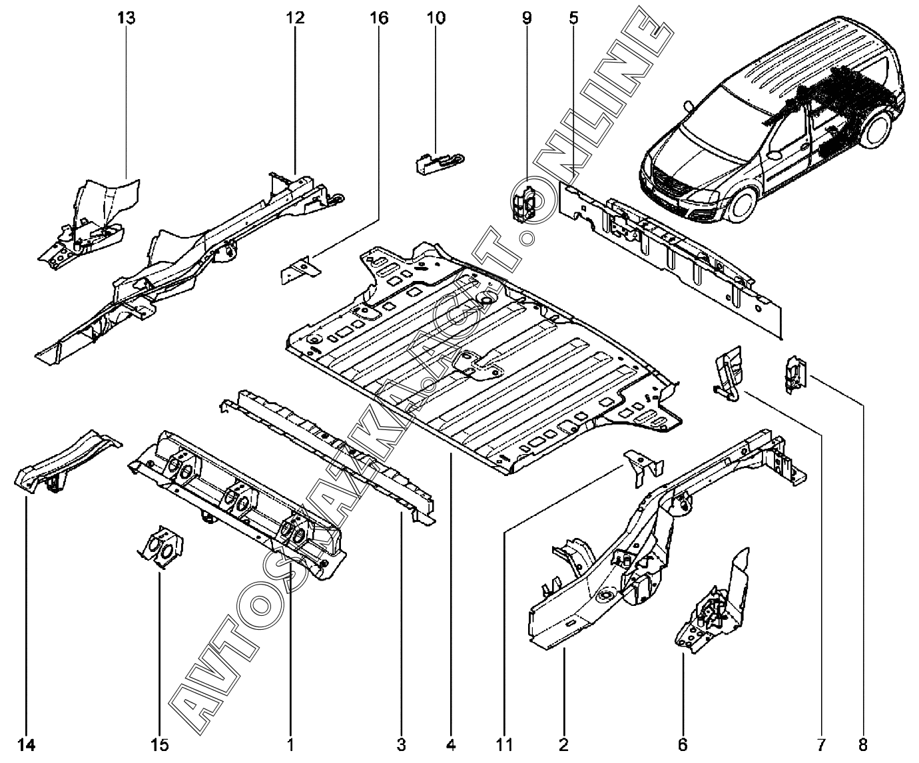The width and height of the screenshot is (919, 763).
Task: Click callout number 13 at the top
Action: pos(127,18)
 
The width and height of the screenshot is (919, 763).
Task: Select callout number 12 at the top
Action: pos(295,18)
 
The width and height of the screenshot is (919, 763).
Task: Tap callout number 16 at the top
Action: pos(379,18)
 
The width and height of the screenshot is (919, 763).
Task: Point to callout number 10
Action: pos(436,18)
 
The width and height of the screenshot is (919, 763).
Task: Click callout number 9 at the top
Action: pos(527,18)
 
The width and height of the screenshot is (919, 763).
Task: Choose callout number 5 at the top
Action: pos(573,18)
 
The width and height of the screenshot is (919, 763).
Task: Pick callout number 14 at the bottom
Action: pos(27,745)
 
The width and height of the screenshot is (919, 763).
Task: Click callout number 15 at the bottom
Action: pos(159,745)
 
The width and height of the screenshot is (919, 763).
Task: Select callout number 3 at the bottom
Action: pos(401,745)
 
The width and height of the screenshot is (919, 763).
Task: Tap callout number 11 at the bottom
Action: pos(504,745)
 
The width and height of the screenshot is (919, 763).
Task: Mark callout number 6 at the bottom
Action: pos(683,745)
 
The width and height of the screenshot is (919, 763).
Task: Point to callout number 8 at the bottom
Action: pos(862,745)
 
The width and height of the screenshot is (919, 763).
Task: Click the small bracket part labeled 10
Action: pos(440,163)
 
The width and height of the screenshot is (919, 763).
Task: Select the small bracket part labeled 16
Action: pos(300,270)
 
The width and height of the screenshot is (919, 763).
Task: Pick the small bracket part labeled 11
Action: pos(643,468)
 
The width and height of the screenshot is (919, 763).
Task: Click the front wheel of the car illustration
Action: pos(743,206)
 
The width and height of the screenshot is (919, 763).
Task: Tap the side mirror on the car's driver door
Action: pos(775,155)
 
